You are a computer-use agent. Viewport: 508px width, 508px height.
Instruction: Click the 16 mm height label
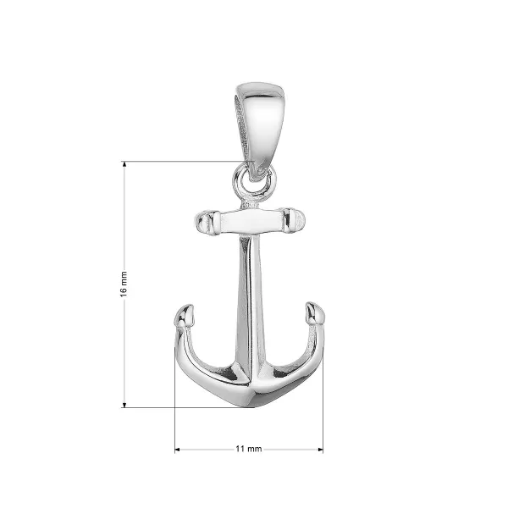[124, 284]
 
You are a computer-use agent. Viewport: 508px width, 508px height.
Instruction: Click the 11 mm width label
[248, 449]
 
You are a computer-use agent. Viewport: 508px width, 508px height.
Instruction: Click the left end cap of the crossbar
[205, 222]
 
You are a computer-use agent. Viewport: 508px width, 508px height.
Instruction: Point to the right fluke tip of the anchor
[315, 312]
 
